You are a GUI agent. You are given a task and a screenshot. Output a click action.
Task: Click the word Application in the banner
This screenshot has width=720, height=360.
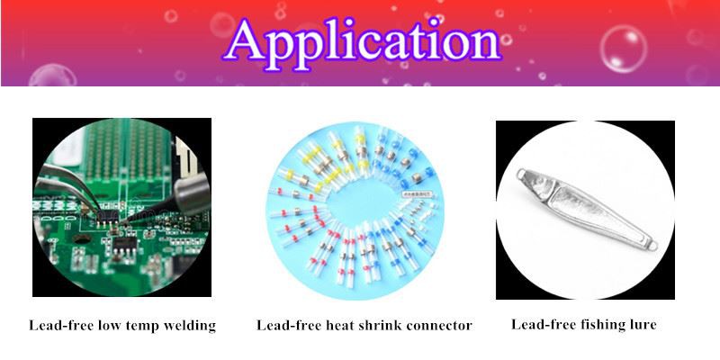tap(362, 43)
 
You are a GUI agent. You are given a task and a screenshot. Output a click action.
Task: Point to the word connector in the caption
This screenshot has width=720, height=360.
tap(441, 326)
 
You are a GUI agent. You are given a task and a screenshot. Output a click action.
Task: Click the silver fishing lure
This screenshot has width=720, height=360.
tap(587, 208)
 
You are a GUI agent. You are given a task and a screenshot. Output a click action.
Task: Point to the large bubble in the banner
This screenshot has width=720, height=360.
tap(623, 49)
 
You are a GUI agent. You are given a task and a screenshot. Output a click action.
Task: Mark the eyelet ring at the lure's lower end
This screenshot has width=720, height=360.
tap(652, 246)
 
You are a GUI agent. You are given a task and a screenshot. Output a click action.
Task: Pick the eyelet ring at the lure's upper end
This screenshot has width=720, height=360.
tap(521, 174)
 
